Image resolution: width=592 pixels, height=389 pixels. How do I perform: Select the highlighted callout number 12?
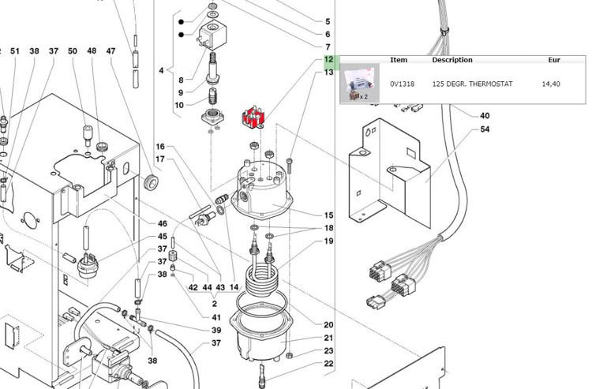328,60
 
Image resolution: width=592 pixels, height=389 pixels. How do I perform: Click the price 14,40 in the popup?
551,84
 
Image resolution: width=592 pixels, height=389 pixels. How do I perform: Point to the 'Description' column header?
452,60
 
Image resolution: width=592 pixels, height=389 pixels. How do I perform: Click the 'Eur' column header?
554,60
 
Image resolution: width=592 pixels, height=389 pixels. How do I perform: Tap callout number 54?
485,129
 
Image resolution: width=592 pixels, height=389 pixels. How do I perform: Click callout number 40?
485,116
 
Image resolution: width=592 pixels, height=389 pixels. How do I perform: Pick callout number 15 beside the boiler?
328,215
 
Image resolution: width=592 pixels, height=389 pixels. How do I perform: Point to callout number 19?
328,241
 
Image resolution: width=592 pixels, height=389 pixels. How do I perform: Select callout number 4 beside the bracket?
161,71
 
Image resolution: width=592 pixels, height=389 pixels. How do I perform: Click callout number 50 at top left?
73,51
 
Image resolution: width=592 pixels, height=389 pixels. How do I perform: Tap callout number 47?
111,51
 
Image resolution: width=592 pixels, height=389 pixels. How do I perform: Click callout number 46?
162,224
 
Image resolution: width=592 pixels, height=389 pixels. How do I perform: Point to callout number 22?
328,364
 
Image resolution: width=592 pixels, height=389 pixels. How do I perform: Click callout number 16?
160,147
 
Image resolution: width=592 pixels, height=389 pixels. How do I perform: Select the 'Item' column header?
399,60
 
